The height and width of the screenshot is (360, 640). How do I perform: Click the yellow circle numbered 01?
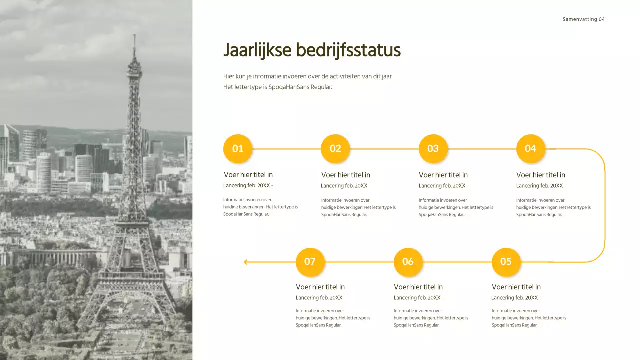click(x=238, y=149)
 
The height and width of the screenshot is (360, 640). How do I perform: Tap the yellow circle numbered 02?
click(x=335, y=149)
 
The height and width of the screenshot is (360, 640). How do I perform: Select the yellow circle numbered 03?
click(x=433, y=149)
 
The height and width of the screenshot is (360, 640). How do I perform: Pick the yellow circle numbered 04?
click(x=530, y=149)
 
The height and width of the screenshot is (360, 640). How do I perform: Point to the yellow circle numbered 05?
click(x=506, y=262)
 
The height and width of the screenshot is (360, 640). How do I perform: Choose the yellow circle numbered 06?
click(x=408, y=262)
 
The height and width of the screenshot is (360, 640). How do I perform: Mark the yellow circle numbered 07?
click(x=310, y=262)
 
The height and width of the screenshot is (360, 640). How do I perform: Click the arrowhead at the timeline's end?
click(x=246, y=262)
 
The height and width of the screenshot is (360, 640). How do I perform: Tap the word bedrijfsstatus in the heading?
click(x=348, y=51)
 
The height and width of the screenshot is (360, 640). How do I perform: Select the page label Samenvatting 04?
click(x=583, y=19)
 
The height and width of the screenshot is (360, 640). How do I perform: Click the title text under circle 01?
click(x=248, y=175)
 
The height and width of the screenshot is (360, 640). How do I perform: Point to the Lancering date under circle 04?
click(x=541, y=186)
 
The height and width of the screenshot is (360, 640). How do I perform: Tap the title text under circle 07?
click(x=320, y=287)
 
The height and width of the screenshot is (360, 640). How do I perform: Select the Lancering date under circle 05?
click(x=516, y=298)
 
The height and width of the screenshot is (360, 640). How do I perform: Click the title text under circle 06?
click(x=418, y=287)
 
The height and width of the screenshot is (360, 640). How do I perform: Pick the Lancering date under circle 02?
click(x=345, y=186)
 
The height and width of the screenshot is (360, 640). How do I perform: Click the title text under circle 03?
click(x=443, y=175)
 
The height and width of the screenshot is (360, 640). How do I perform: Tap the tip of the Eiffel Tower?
click(x=134, y=35)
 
